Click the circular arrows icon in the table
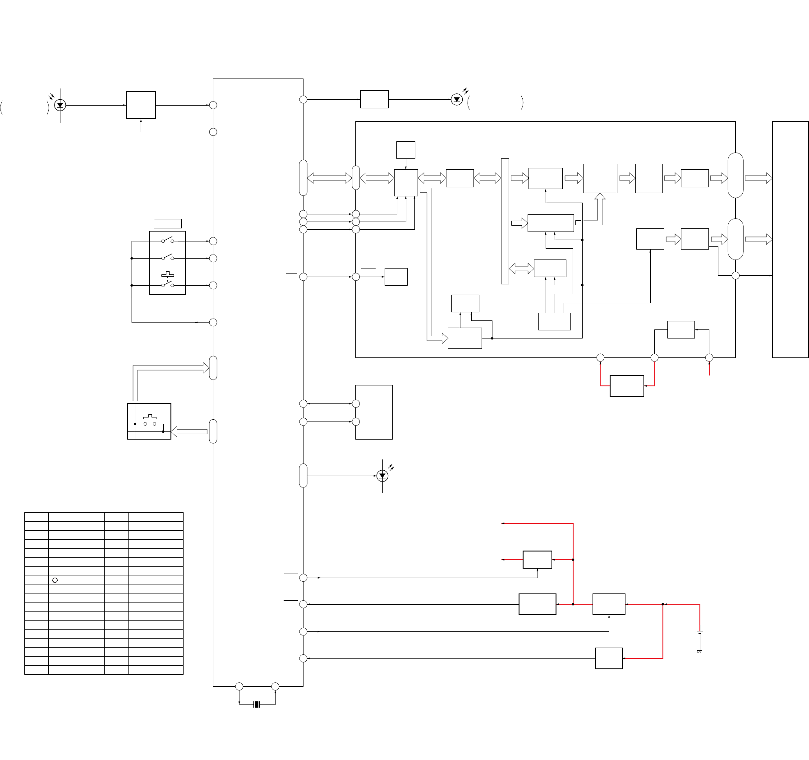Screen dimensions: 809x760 point(55,580)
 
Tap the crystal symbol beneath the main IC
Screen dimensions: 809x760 point(257,704)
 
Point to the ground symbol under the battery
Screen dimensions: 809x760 point(699,652)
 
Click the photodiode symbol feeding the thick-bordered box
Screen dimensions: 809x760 point(60,105)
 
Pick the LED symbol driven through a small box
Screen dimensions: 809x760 point(457,99)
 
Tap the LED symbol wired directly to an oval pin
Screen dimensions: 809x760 point(382,476)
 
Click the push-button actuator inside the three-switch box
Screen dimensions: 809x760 point(168,274)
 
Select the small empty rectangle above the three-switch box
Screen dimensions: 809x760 point(168,223)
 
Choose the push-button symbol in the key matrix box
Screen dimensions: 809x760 point(150,417)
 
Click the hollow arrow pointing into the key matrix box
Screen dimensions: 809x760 point(189,431)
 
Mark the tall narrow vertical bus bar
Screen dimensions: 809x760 point(505,221)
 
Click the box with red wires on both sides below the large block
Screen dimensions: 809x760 point(626,386)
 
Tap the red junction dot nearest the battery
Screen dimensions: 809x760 point(663,604)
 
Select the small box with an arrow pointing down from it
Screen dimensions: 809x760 point(405,150)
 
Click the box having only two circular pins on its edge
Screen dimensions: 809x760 point(374,412)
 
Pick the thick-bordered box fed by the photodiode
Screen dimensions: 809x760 point(141,105)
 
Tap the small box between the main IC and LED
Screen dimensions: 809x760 point(374,99)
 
